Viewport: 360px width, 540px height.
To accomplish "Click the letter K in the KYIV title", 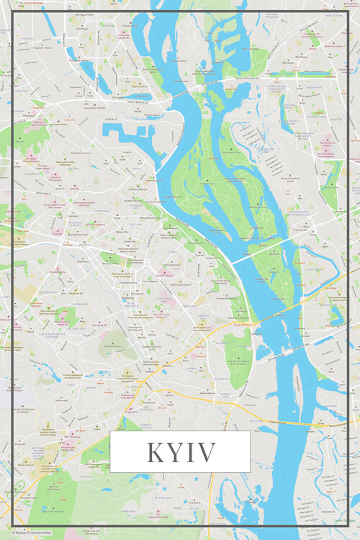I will tap(156, 453).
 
